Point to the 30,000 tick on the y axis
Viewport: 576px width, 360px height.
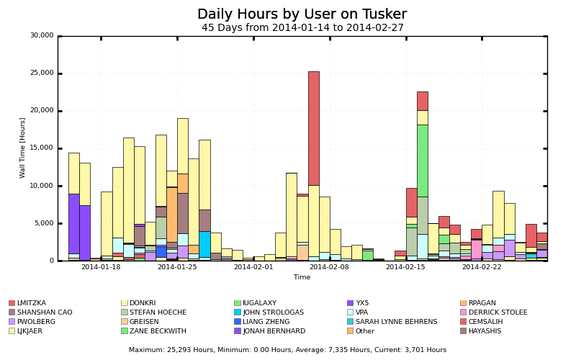point(41,35)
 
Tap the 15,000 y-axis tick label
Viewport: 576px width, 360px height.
point(41,148)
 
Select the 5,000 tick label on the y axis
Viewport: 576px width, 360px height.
point(43,223)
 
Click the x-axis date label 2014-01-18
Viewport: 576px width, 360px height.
point(101,267)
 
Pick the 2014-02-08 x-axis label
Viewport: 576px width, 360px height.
point(329,267)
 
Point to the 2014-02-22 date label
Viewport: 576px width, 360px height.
point(482,267)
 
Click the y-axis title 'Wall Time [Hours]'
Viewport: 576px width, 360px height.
point(23,148)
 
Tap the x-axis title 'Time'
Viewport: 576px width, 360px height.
point(302,277)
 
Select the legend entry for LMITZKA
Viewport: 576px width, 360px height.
point(31,303)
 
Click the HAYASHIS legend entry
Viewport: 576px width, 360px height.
point(484,331)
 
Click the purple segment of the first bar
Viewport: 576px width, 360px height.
point(73,224)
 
